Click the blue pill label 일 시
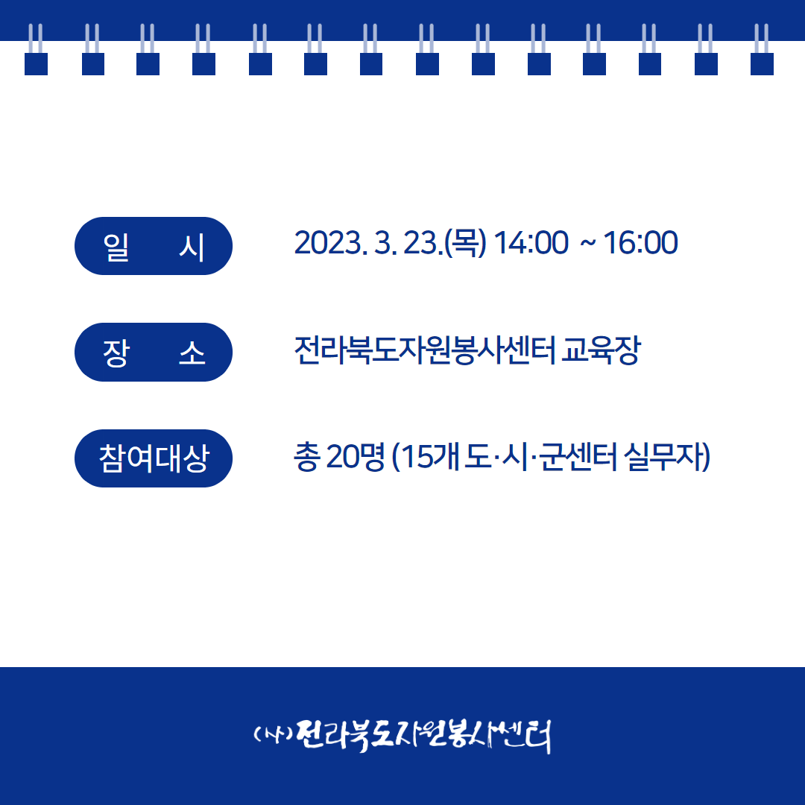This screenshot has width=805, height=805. pos(154,246)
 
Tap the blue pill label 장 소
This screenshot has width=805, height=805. pos(154,352)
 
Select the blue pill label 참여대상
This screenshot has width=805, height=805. pos(154,458)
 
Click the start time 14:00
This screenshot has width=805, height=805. pos(531,243)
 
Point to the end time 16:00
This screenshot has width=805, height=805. pos(640,243)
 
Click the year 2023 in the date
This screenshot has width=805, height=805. pos(327,243)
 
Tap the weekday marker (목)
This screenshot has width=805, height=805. pos(465,243)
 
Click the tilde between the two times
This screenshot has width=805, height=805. pos(588,244)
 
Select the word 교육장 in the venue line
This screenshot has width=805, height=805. pos(602,350)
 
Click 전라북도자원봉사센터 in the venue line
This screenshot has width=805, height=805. pos(425,350)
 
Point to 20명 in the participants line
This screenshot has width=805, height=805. pos(356,456)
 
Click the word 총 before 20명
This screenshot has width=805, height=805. pos(307,456)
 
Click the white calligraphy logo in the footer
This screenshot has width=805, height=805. pos(402,736)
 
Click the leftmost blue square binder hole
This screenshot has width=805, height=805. pos(36,64)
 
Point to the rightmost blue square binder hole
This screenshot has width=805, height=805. pos(762,64)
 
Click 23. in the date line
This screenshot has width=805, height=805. pos(423,243)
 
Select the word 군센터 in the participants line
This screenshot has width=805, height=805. pos(578,456)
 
